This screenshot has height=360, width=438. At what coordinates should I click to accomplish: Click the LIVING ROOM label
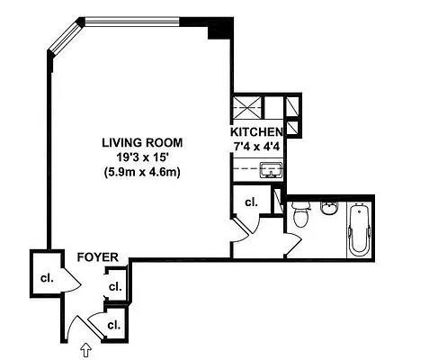pos(142,142)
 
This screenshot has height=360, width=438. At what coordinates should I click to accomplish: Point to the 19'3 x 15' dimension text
pos(142,157)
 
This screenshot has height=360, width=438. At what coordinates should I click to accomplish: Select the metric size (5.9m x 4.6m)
pos(142,172)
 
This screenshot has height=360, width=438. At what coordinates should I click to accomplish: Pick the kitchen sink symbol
pos(268,168)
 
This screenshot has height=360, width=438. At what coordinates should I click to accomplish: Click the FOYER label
pos(98,257)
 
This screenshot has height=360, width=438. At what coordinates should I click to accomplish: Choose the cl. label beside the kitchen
pos(251,202)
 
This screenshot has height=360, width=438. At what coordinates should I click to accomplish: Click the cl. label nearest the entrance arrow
pos(114,324)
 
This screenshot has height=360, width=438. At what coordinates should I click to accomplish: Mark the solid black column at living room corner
pos(216,30)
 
